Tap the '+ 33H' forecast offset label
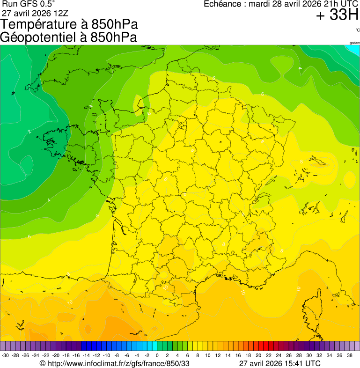click(337, 15)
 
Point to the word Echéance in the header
click(222, 4)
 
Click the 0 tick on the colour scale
click(157, 355)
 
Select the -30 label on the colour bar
click(5, 355)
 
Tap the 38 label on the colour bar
click(349, 355)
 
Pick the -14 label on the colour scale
click(86, 355)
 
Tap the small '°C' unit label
click(357, 30)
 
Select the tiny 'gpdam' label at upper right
click(354, 43)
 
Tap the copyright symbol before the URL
click(43, 363)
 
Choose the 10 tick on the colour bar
click(207, 355)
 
